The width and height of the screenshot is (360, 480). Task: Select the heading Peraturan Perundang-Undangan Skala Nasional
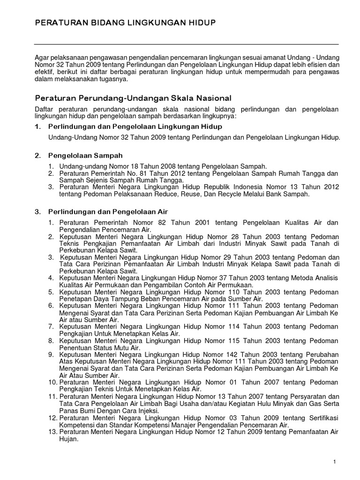[x=134, y=98]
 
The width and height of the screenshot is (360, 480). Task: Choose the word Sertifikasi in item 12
[x=320, y=418]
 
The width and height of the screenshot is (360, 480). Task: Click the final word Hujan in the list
[x=68, y=440]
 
